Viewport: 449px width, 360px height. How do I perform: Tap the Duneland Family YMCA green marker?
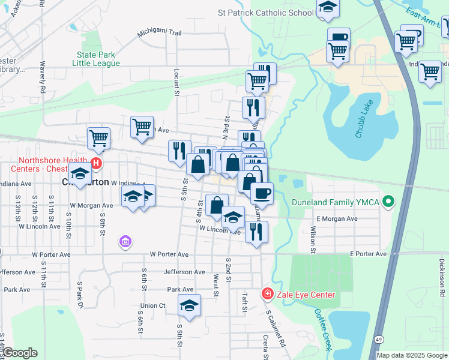(388, 202)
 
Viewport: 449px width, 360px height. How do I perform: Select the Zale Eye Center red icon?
(267, 294)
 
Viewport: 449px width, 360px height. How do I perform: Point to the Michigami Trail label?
(158, 34)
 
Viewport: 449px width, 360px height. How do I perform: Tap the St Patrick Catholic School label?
(266, 13)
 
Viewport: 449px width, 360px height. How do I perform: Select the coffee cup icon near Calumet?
(262, 193)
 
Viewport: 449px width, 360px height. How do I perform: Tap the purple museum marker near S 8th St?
(125, 242)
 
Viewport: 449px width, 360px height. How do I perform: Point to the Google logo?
(20, 353)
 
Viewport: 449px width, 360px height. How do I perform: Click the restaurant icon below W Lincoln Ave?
(256, 232)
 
